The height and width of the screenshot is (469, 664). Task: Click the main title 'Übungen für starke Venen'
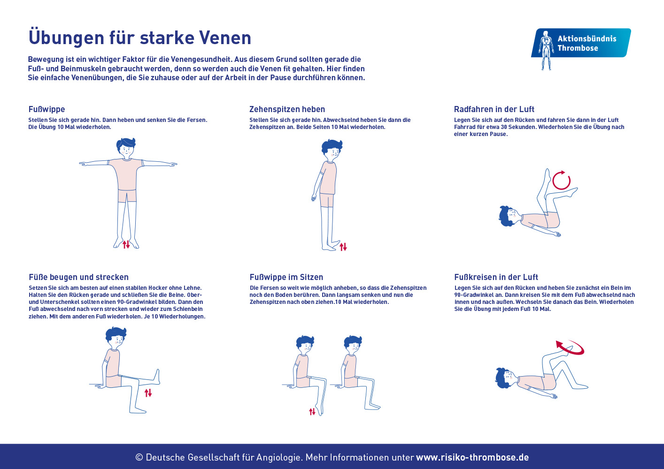(140, 38)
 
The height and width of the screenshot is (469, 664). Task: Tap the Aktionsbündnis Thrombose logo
(581, 44)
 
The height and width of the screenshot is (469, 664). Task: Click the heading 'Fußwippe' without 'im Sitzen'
(46, 109)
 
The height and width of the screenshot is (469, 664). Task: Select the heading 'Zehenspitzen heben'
(287, 109)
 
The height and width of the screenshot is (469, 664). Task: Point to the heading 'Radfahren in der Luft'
(494, 109)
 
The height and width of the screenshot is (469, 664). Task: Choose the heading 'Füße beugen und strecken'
(78, 277)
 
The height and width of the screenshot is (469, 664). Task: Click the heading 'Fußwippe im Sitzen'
(286, 277)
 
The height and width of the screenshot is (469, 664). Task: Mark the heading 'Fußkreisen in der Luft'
(496, 277)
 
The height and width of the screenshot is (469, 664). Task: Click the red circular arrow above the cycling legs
(561, 181)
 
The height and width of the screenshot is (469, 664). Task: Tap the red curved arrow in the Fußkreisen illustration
(570, 348)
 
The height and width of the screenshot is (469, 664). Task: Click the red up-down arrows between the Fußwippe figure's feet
(126, 244)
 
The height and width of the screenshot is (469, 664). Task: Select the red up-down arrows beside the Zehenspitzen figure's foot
(343, 247)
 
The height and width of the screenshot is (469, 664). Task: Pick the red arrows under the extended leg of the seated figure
(148, 393)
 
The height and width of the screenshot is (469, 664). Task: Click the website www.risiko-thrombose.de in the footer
(472, 457)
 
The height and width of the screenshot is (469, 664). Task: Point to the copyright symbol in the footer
(139, 457)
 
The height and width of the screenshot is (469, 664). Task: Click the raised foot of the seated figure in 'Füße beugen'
(156, 376)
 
